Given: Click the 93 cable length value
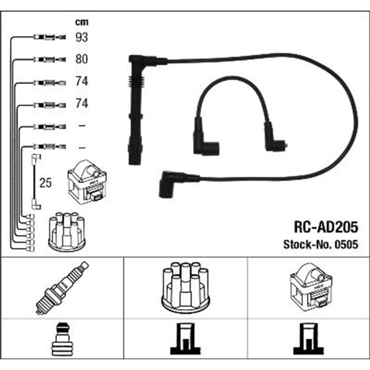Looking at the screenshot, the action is pos(82,37).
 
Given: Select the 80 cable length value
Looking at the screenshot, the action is pos(82,59).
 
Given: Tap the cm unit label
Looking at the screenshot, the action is pos(82,22).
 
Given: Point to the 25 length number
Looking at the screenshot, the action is pos(45,182).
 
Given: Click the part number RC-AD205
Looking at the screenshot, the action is pos(326,227).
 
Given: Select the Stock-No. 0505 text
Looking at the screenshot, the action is pos(321,245).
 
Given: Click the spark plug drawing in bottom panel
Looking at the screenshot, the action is pos(62,288).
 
